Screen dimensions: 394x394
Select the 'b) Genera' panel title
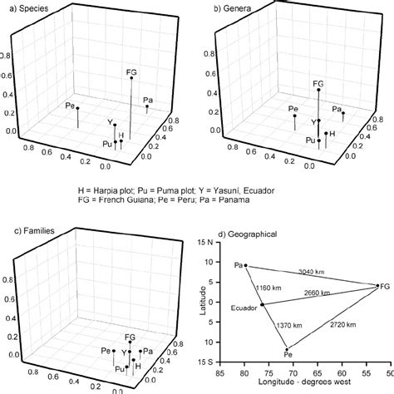(229, 7)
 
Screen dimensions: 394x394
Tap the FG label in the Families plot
(131, 337)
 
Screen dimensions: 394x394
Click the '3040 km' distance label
(311, 270)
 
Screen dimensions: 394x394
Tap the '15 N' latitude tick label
(210, 243)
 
